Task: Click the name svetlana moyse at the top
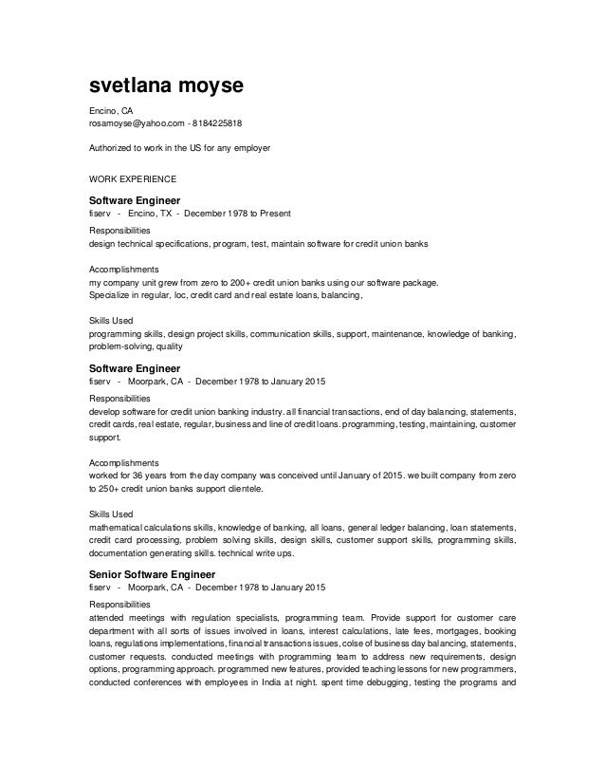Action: [166, 86]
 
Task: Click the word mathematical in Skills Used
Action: [118, 526]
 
